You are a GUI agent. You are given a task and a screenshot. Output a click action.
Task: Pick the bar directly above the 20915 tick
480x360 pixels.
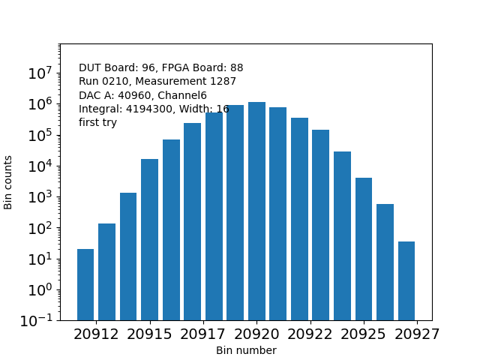(x=149, y=240)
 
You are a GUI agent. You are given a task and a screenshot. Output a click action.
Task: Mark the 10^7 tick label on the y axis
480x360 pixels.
(x=40, y=73)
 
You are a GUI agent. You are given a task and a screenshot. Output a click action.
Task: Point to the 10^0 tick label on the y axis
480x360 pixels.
(x=40, y=289)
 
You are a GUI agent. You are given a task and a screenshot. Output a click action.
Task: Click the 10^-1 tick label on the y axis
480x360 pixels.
(x=37, y=320)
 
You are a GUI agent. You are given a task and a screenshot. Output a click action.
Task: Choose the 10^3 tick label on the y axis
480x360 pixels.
(x=40, y=197)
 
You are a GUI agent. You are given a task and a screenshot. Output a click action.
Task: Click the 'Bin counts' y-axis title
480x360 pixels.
(x=9, y=182)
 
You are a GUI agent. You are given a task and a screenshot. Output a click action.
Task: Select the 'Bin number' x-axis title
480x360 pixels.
(x=246, y=350)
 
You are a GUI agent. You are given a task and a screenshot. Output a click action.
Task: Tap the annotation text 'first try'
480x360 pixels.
(x=97, y=122)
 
